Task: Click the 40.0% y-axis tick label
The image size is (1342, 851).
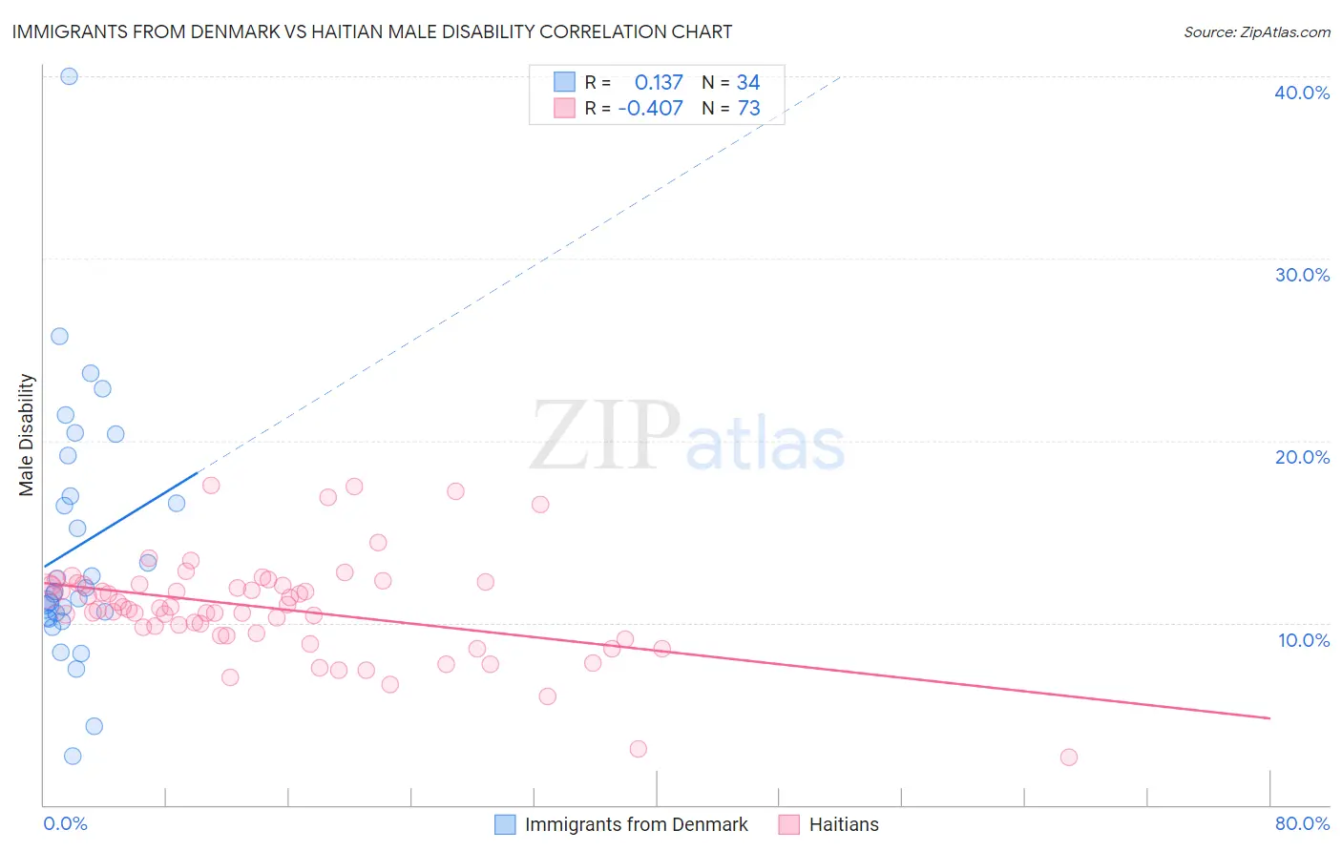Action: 1302,93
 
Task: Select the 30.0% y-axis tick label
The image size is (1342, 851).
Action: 1302,275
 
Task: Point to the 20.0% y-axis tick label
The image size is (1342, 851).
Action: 1302,457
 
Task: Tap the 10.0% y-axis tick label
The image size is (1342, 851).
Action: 1304,640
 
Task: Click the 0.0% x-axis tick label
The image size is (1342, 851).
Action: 65,823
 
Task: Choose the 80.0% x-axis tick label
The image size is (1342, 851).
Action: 1302,823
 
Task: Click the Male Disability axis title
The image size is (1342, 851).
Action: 27,434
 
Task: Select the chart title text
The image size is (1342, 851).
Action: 372,31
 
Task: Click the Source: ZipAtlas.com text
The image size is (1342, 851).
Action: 1256,32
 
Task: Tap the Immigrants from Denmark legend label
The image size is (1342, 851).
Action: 636,824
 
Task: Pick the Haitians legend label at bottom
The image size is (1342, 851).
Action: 844,824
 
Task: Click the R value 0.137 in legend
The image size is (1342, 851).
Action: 659,83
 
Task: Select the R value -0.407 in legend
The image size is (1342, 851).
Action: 650,109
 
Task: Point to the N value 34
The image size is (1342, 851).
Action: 748,83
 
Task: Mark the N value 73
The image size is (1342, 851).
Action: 748,109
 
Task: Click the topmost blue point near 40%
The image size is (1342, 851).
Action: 69,76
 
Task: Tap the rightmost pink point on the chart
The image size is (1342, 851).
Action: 1069,758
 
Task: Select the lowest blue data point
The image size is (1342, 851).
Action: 73,757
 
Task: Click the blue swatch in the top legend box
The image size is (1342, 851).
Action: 564,82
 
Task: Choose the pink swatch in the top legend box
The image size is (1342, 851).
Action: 564,108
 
